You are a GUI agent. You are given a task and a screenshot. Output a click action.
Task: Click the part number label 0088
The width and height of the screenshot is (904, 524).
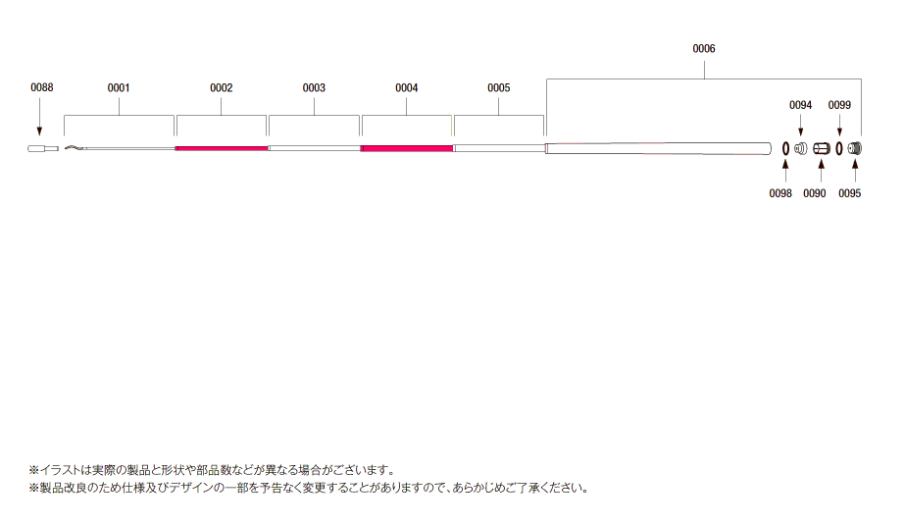41,87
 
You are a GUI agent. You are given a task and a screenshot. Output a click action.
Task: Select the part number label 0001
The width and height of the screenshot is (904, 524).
119,87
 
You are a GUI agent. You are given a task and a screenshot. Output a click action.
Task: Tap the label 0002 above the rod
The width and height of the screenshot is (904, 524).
222,87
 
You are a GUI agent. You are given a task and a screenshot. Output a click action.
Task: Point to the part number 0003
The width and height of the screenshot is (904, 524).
314,87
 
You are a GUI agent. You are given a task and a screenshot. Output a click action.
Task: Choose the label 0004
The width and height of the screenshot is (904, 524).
407,87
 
